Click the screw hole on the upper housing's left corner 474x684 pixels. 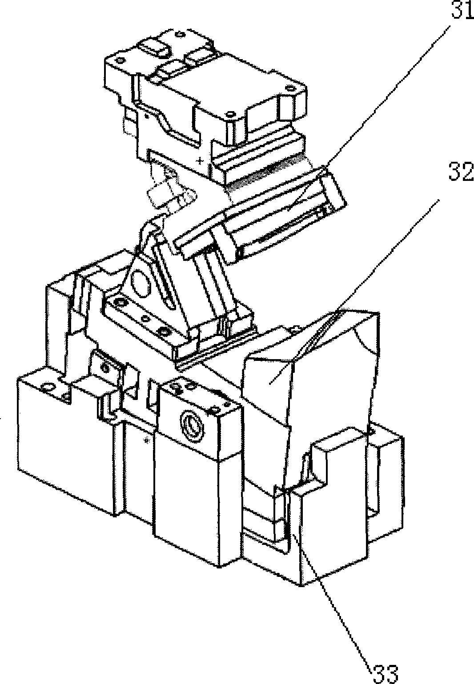point(120,60)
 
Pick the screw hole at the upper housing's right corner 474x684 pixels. point(289,89)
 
